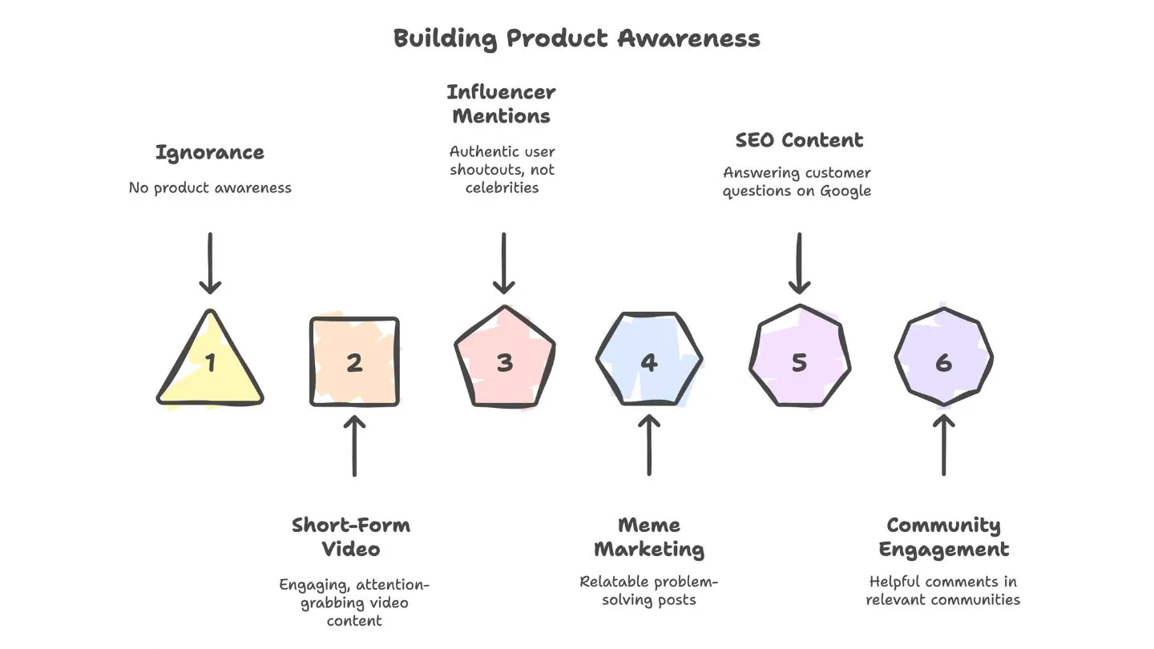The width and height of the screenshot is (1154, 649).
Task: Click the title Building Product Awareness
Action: point(576,38)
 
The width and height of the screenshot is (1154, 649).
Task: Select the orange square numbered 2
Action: point(354,362)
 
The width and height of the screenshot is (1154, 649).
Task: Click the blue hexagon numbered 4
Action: point(649,361)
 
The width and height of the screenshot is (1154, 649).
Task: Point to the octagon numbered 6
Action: point(943,361)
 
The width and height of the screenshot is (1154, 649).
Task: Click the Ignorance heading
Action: point(210,152)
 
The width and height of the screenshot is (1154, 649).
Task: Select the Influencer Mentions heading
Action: point(502,104)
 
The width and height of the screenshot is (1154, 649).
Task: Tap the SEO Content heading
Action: point(799,140)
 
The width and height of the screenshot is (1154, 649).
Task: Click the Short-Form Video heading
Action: point(351,538)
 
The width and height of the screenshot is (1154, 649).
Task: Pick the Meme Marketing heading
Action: point(649,538)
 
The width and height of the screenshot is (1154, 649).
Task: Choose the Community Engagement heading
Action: point(943,538)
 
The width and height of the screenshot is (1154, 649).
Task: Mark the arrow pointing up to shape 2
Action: point(354,445)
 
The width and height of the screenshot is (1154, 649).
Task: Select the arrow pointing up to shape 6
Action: point(943,445)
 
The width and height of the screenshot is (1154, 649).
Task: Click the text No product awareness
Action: point(210,188)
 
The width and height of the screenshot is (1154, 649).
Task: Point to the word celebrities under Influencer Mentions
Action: point(502,187)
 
